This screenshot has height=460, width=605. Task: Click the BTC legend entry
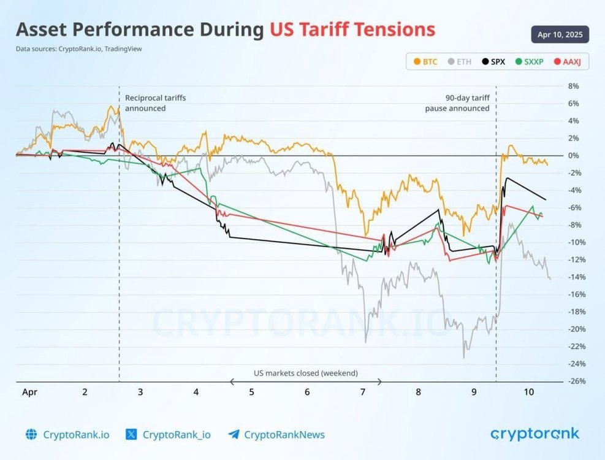click(426, 62)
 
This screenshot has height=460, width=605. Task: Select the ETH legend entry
click(459, 62)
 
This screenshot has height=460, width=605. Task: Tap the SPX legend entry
click(493, 62)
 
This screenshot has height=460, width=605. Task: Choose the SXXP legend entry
click(529, 62)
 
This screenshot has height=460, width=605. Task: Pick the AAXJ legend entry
click(567, 62)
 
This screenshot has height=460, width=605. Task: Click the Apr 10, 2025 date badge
click(560, 34)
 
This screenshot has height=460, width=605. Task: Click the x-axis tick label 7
click(363, 391)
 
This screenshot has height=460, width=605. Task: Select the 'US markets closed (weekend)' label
click(306, 373)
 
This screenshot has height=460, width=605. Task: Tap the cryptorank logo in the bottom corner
click(535, 434)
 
